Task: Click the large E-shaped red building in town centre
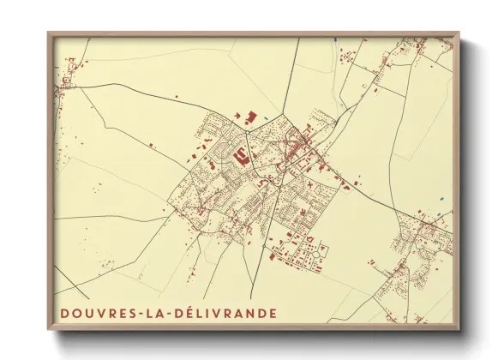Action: [x=242, y=156]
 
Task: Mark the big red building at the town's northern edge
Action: [x=251, y=116]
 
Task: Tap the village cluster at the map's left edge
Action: [x=64, y=86]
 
